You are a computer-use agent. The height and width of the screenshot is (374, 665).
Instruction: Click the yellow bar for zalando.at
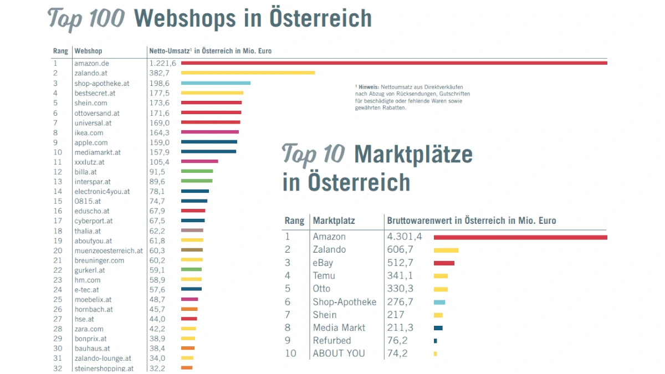coord(248,73)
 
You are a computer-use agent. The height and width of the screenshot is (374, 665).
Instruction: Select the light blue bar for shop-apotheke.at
coord(216,83)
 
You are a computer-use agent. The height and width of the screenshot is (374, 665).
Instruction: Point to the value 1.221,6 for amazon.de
coord(162,63)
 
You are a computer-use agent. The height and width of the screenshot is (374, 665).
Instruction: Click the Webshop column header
coord(88,51)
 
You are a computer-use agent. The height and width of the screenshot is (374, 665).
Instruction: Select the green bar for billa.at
coord(197,172)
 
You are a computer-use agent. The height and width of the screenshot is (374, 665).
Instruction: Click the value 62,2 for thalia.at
coord(157,231)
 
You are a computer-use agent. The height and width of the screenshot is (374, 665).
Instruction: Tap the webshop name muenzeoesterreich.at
coord(108,250)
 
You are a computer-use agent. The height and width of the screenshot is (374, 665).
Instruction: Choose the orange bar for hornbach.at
coord(189,309)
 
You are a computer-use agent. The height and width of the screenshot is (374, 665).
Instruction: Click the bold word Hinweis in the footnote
coord(369,87)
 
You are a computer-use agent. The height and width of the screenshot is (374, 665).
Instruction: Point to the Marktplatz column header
coord(334,221)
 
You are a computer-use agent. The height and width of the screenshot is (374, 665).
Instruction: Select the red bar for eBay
coord(444,263)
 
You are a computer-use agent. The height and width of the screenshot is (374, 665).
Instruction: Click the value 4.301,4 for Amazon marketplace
coord(405,237)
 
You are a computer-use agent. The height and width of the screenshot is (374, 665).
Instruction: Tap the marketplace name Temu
coord(324,276)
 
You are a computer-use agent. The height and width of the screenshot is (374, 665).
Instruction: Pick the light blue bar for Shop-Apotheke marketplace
coord(439,302)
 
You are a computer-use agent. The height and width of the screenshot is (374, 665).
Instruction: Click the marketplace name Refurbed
coord(332,341)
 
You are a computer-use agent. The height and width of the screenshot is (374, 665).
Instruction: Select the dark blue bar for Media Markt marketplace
coord(438,328)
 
